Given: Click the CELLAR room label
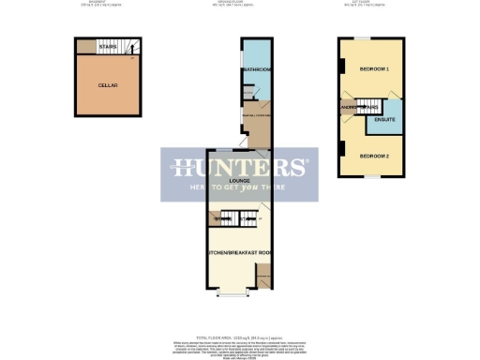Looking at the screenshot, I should click(x=108, y=85).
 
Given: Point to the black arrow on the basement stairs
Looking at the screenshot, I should click(x=134, y=50).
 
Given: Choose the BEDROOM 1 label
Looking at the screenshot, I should click(x=372, y=70).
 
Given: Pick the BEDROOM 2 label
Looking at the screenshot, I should click(x=372, y=156).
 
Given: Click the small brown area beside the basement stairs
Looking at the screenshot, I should click(x=85, y=46).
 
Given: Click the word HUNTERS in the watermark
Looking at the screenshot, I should click(x=239, y=169).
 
